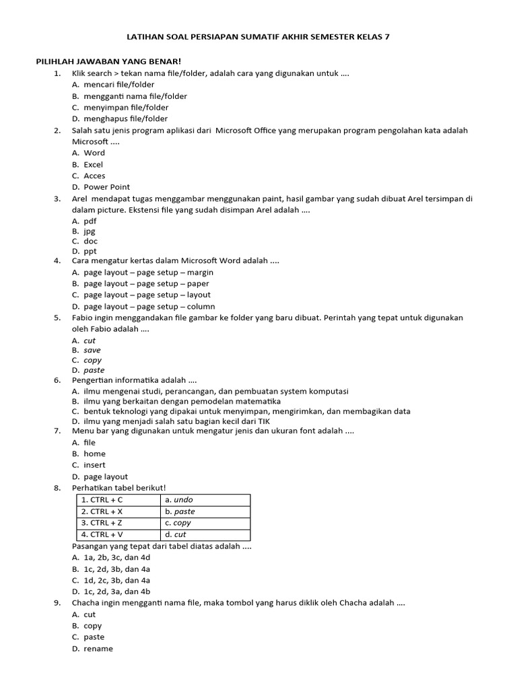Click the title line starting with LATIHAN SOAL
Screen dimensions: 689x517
(x=258, y=37)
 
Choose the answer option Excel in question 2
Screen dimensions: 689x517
(x=93, y=164)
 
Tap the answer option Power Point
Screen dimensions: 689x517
(x=106, y=187)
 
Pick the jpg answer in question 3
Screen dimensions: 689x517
(x=90, y=231)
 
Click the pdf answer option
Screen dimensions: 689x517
(x=90, y=221)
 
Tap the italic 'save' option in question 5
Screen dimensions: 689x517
(x=92, y=350)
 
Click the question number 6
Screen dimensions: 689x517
(x=58, y=380)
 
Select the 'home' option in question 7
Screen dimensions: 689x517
(x=94, y=454)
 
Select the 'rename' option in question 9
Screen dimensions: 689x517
(x=98, y=649)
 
